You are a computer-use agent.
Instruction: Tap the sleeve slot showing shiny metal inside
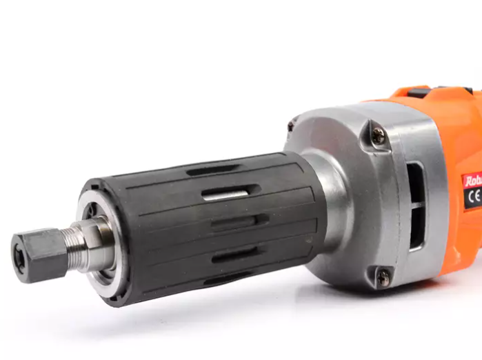point(224,195)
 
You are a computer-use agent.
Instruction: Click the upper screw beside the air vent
point(379,137)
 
